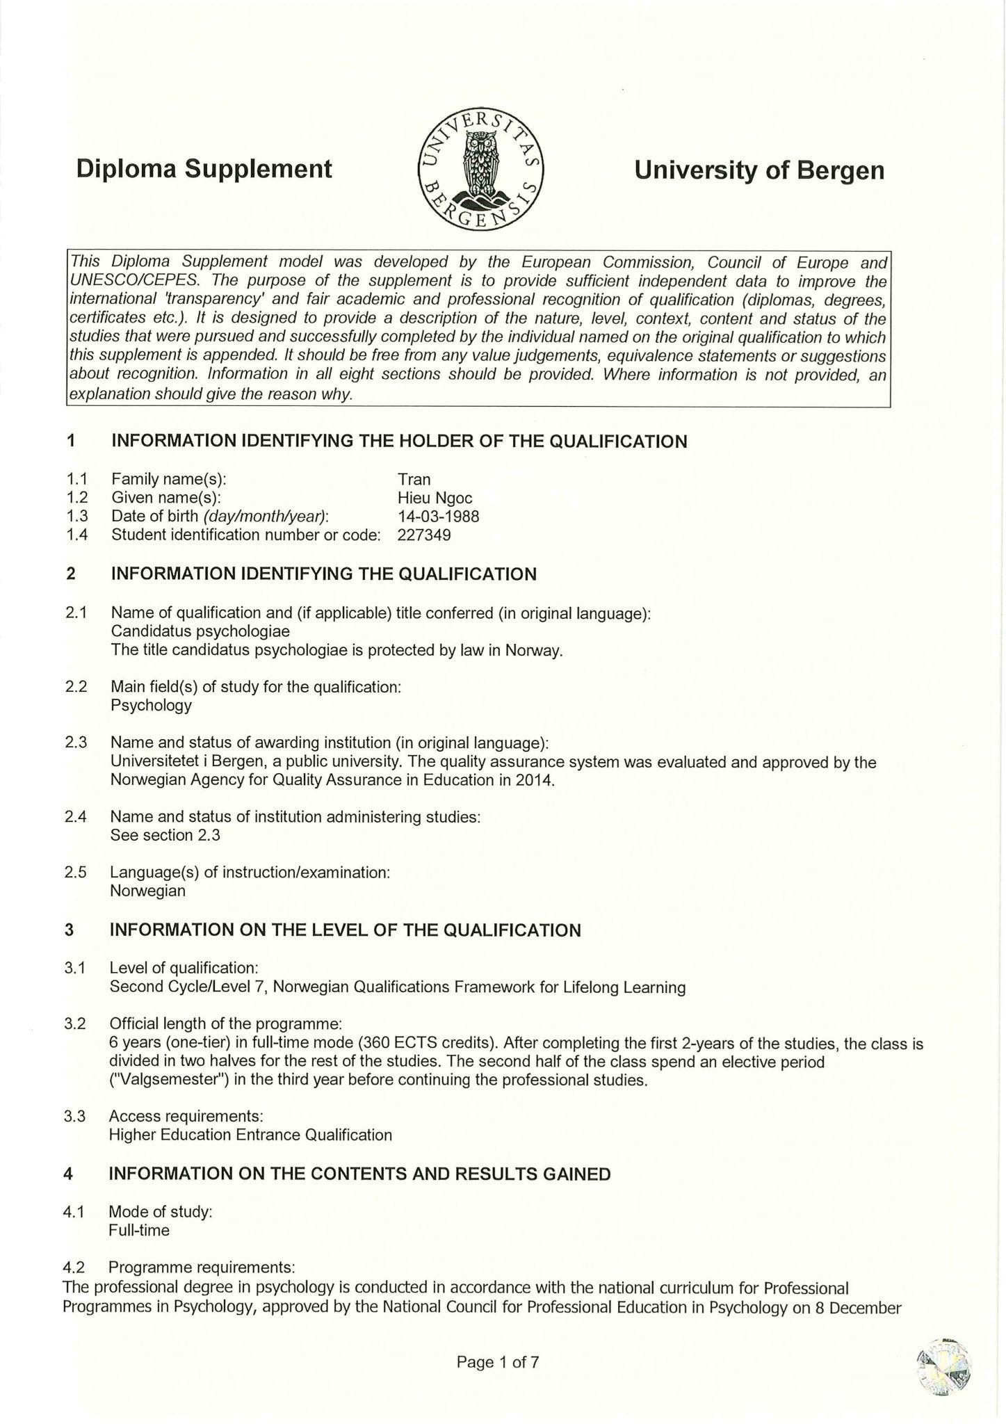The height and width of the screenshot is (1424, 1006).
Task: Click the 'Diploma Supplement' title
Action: coord(204,169)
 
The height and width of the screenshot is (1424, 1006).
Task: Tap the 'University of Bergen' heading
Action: coord(759,170)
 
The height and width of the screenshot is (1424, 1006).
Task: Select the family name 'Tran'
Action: coord(414,479)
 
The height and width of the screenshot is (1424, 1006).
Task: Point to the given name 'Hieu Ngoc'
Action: coord(435,498)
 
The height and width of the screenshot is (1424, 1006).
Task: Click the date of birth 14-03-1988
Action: coord(438,517)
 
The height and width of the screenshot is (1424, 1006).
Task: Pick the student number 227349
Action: coord(424,535)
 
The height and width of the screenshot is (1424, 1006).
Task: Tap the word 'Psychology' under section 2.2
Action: coord(151,705)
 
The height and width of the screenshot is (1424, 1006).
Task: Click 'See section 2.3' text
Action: coord(165,835)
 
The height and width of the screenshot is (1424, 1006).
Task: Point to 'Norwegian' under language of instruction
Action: coord(147,891)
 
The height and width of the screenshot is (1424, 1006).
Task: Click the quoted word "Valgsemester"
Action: coord(168,1081)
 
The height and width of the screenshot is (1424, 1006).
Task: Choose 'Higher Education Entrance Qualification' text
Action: coord(250,1135)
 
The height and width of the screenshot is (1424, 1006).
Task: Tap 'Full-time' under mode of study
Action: coord(139,1230)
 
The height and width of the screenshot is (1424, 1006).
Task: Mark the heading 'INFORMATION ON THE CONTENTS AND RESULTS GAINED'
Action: coord(359,1174)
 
